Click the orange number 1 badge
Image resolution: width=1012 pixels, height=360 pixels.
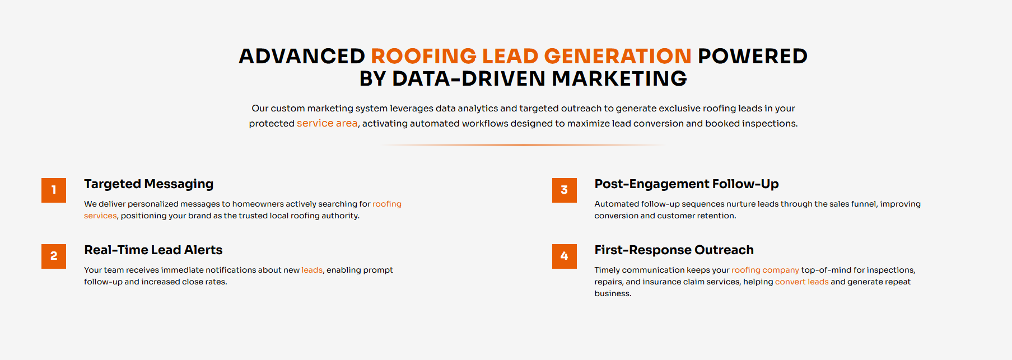click(54, 190)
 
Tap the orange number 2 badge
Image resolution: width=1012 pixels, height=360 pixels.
click(54, 256)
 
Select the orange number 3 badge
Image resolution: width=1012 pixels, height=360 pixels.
click(565, 190)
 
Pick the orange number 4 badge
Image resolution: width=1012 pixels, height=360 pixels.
click(565, 256)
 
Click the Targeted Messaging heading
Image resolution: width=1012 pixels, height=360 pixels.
click(149, 184)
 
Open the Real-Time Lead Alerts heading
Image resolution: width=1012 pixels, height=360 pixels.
click(153, 250)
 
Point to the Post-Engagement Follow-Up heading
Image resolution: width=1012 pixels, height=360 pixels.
click(687, 184)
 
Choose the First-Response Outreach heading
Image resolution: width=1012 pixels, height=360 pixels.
click(674, 250)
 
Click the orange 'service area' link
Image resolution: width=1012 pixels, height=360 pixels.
click(327, 123)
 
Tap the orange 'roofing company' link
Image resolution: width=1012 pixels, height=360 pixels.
click(765, 270)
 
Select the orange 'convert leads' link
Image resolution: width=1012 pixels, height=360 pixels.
click(802, 282)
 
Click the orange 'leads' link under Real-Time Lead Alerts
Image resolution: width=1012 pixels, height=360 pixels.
click(312, 270)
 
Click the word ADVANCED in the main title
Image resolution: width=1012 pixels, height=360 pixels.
click(302, 56)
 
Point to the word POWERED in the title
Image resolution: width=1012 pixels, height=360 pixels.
click(753, 56)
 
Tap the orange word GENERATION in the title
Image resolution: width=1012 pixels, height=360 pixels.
click(618, 56)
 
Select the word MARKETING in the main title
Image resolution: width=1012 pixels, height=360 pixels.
click(619, 78)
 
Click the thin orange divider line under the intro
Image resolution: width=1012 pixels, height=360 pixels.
click(523, 145)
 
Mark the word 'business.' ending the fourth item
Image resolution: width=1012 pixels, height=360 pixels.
click(613, 293)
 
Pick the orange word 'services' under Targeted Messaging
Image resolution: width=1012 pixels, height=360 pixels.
click(100, 216)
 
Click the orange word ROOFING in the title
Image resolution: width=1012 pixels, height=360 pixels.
click(423, 56)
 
